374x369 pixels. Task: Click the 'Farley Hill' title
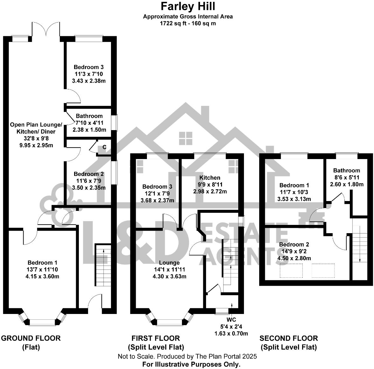point(188,6)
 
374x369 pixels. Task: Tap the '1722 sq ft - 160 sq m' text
point(188,23)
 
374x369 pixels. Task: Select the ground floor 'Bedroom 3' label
point(89,67)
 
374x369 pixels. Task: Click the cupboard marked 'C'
point(104,147)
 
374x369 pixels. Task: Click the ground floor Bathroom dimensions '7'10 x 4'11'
point(89,123)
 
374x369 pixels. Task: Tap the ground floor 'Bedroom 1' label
point(43,263)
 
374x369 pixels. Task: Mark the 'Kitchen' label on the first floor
point(210,178)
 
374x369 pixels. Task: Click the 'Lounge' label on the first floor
point(170,263)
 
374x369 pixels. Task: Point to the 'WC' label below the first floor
point(231,320)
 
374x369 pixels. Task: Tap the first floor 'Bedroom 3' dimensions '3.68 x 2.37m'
point(157,200)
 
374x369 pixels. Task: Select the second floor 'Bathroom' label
point(346,171)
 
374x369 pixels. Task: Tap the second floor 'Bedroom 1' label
point(294,185)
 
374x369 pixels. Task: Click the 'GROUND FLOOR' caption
point(31,338)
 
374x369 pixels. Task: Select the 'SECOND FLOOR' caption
point(288,338)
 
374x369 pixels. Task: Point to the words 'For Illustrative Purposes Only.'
point(191,365)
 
